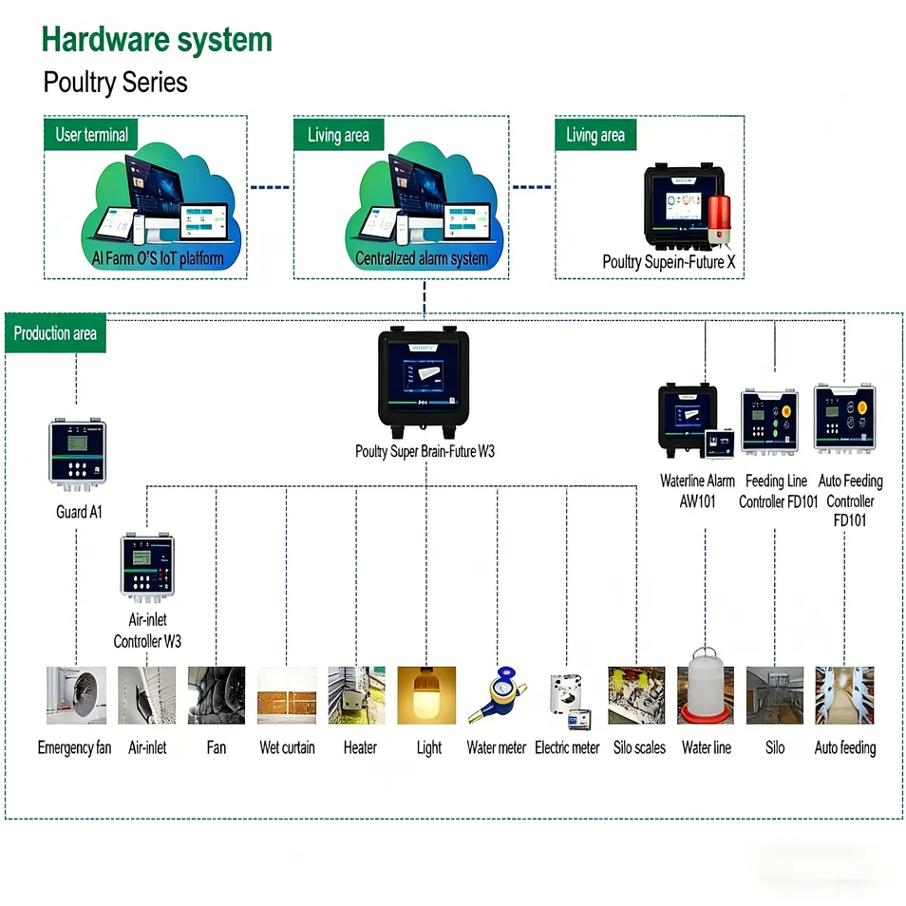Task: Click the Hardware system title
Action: click(157, 40)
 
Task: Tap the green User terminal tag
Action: click(91, 134)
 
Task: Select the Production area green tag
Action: click(55, 333)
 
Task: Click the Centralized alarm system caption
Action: click(422, 258)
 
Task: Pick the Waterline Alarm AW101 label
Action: click(697, 491)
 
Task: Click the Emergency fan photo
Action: click(76, 695)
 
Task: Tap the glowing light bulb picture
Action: click(426, 695)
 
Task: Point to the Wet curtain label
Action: click(287, 748)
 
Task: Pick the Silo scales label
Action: click(638, 748)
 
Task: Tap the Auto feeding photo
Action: click(844, 695)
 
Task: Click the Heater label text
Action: click(360, 748)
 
